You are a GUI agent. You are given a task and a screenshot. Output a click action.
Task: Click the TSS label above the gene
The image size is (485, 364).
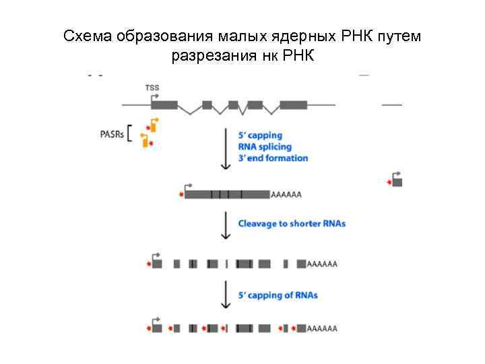point(152,87)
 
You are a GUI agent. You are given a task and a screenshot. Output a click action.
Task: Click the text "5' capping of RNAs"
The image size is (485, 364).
point(278,295)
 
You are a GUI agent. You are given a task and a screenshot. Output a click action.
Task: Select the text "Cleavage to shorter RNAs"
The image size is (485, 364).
point(292,223)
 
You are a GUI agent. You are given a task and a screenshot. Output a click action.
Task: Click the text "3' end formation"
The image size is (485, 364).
point(273,158)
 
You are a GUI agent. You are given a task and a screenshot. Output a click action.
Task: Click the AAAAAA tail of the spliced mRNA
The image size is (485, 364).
point(286,195)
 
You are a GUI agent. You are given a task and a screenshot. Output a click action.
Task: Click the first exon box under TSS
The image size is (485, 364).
point(164,105)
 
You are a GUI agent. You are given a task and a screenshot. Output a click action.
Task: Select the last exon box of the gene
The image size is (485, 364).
point(293,105)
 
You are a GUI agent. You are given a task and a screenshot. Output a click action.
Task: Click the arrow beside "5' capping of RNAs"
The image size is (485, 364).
point(225,297)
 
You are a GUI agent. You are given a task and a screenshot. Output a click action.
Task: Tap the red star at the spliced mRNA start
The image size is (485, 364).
point(181,195)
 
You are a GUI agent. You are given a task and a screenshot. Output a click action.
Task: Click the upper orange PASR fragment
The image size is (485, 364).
point(152,126)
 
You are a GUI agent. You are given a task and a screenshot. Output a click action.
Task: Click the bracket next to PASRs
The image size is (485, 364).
point(131,133)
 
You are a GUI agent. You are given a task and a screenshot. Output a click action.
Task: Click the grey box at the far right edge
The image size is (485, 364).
point(397,182)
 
